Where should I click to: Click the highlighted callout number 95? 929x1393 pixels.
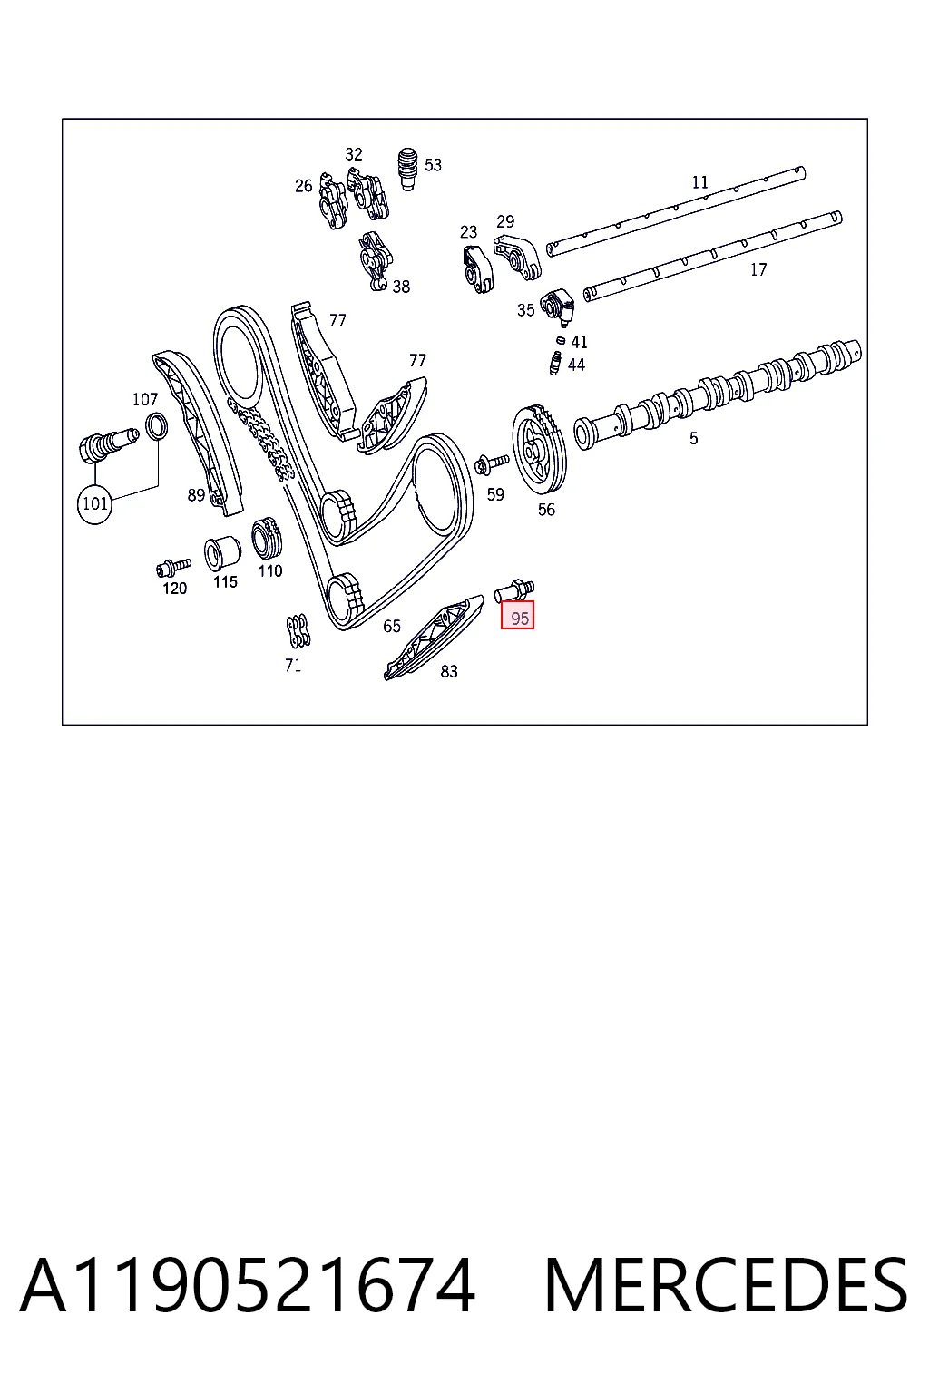[x=518, y=615]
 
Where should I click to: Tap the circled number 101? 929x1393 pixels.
[x=95, y=503]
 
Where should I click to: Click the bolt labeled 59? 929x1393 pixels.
[x=493, y=463]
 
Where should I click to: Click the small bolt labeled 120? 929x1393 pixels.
[x=173, y=567]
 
